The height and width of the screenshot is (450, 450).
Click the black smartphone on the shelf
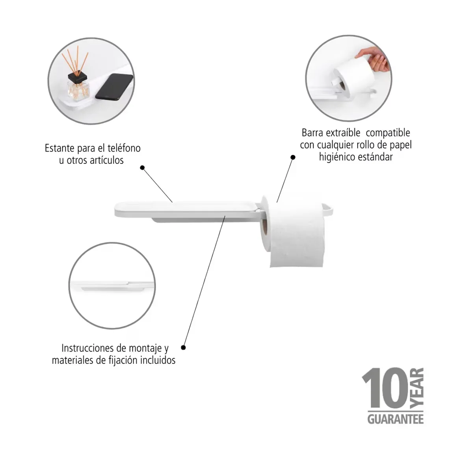(x=114, y=87)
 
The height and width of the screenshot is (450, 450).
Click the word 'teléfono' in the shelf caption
(x=124, y=148)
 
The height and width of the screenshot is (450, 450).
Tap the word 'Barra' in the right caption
(x=312, y=133)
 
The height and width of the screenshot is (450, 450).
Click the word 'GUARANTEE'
(x=396, y=419)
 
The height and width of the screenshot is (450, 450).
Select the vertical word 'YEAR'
(x=417, y=388)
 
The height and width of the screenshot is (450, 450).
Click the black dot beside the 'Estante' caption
(x=142, y=167)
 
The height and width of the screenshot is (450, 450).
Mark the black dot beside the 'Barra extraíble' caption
(x=293, y=157)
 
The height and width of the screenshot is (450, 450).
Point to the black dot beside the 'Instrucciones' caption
(x=183, y=348)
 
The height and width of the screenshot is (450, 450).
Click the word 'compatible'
(x=388, y=133)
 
